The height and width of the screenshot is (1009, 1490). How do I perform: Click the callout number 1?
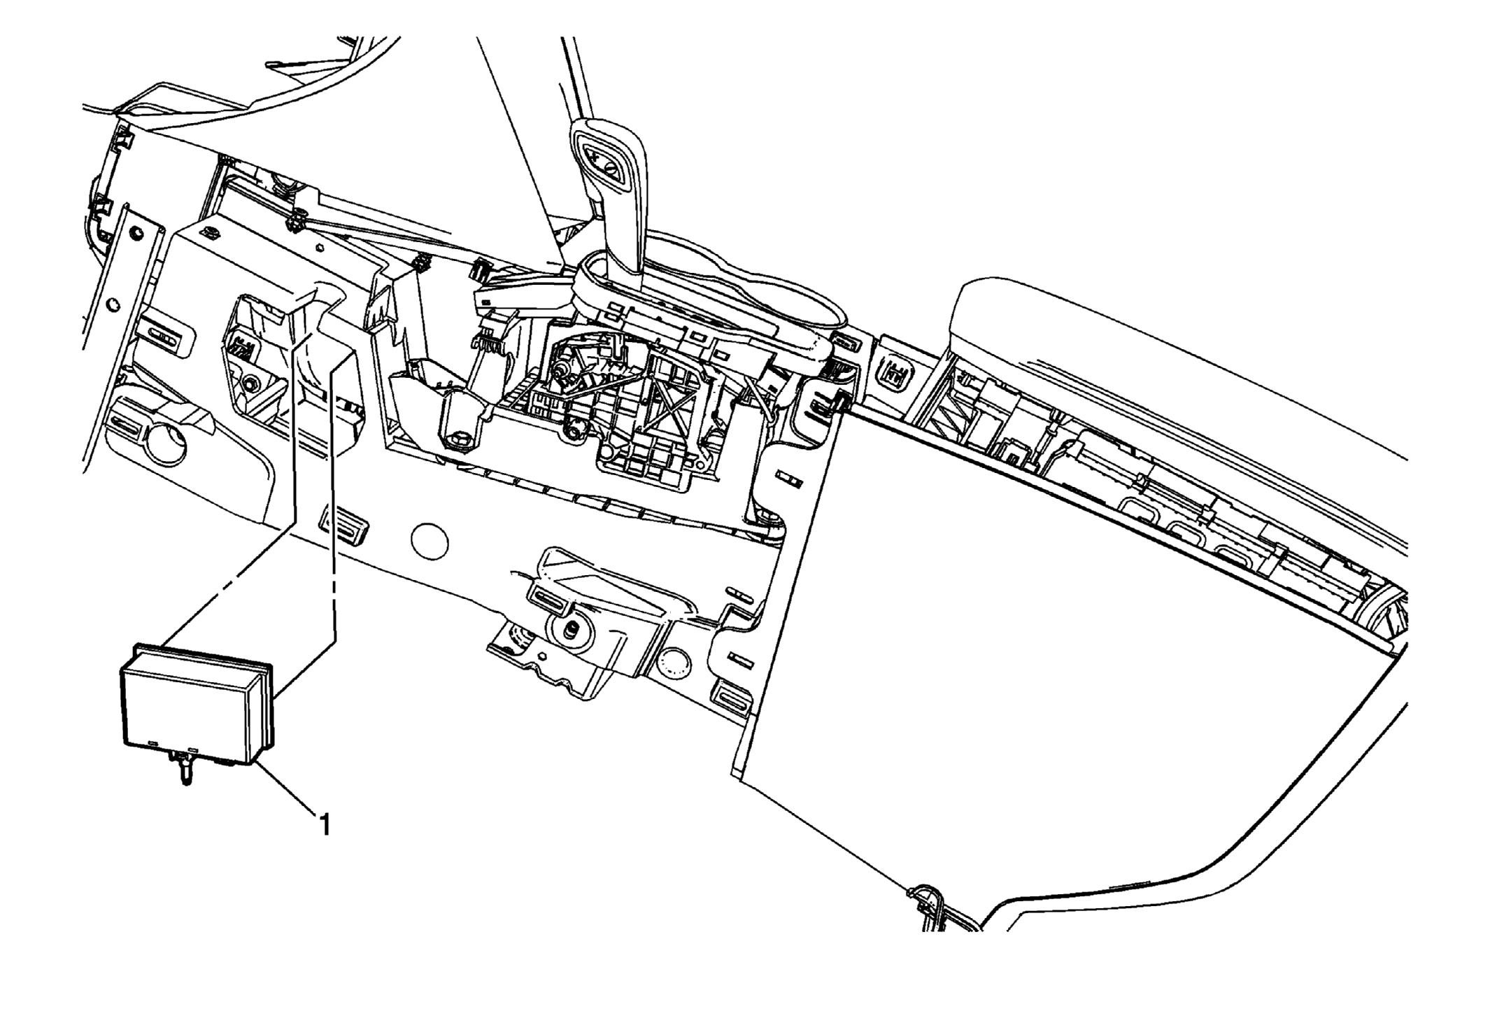coord(323,824)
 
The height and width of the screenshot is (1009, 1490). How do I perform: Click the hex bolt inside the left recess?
coord(250,383)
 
